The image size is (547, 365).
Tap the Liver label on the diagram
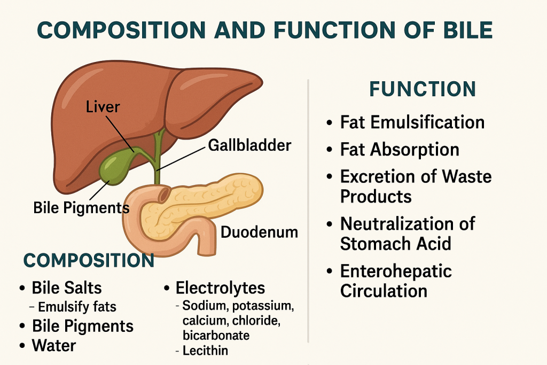point(103,106)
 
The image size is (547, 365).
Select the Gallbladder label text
point(249,145)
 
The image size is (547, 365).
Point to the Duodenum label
point(259,232)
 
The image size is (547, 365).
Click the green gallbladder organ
point(113,168)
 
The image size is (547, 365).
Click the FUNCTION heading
point(423,89)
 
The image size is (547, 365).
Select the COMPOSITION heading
point(89,260)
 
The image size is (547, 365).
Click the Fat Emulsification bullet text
point(412,122)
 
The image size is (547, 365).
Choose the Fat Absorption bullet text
point(400,149)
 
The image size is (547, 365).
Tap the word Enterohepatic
point(396,271)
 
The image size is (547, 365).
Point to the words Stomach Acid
point(396,243)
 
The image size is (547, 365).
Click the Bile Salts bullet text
point(67,288)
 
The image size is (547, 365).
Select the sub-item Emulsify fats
point(77,307)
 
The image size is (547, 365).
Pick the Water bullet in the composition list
point(54,345)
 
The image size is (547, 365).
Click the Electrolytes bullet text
point(220,288)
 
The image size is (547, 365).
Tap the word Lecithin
point(205,351)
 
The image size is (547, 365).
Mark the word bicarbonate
point(216,335)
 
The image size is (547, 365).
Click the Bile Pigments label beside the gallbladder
point(81,208)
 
